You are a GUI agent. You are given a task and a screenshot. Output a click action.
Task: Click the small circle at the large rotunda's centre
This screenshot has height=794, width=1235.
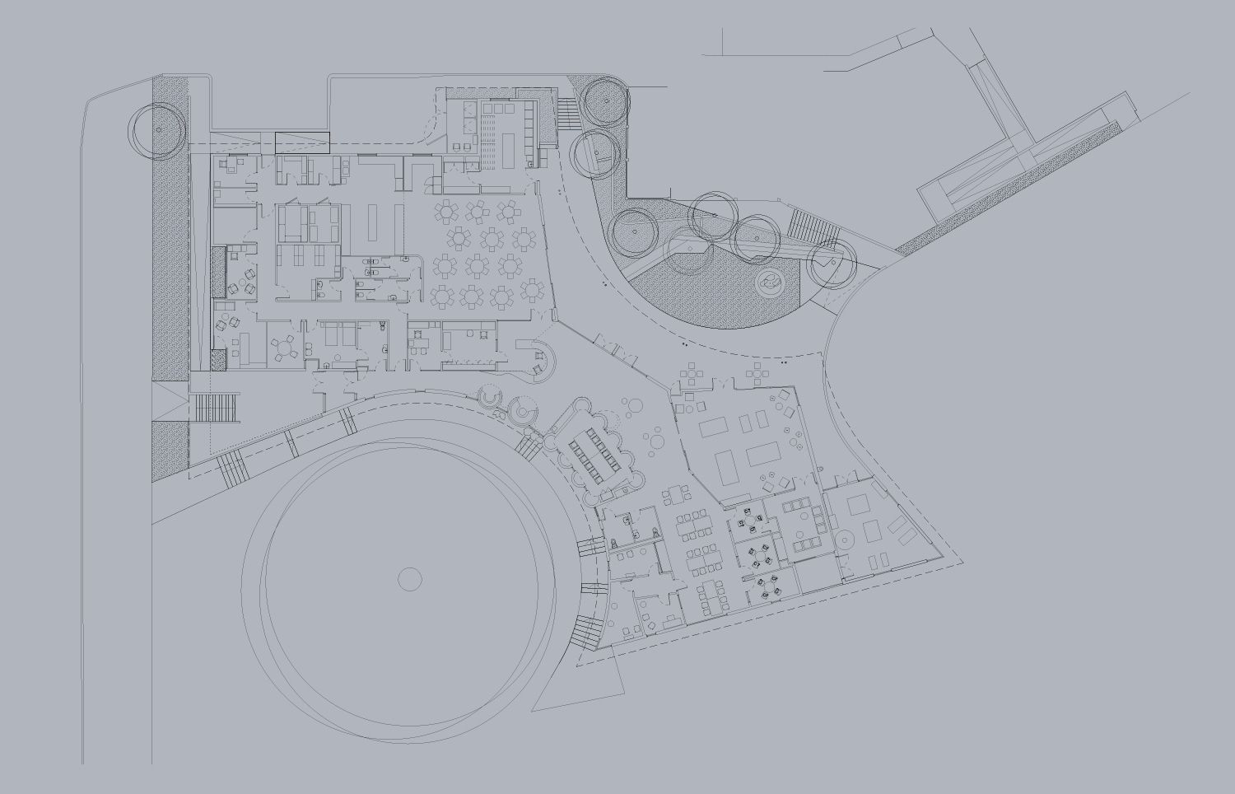pos(410,579)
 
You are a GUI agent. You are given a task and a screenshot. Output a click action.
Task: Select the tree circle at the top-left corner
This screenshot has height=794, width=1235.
pos(156,129)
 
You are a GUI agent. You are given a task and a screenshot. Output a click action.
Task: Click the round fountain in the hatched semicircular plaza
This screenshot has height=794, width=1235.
pos(771,283)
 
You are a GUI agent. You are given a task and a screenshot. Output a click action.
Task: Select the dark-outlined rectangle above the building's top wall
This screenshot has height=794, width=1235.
pos(301,142)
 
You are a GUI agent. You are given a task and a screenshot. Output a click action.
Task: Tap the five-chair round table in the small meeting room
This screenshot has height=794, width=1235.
pos(285,348)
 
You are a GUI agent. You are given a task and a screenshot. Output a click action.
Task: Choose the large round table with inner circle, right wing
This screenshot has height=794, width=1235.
pos(846,540)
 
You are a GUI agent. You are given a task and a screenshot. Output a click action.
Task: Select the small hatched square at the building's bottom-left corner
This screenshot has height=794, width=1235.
pos(218,360)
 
